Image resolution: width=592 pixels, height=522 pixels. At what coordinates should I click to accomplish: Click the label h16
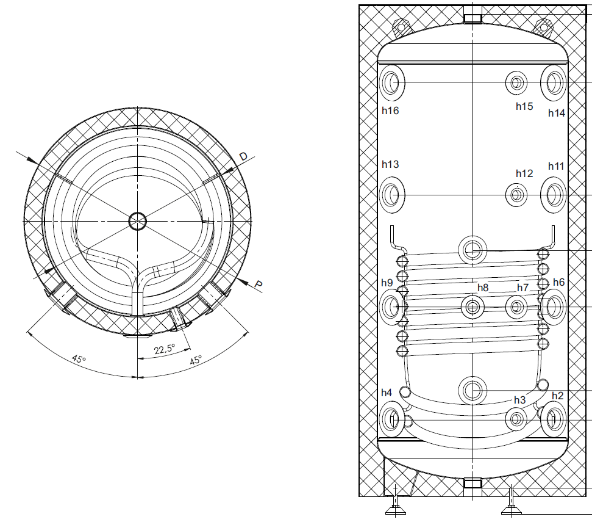[390, 111]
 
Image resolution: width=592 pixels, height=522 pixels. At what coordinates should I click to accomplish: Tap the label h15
[524, 107]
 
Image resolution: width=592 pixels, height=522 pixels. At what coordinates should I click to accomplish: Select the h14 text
[557, 113]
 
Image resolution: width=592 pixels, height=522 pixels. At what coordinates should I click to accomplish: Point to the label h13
[390, 164]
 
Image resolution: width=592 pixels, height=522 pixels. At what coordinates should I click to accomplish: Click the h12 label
[524, 173]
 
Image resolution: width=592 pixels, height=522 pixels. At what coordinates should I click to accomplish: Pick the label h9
[387, 283]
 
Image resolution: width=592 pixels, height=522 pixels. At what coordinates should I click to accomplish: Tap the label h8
[483, 288]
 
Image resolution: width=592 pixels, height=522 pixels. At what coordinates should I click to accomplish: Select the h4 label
[387, 393]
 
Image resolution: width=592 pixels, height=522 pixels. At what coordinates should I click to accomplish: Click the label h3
[520, 400]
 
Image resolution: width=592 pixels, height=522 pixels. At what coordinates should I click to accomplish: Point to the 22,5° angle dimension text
[165, 349]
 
